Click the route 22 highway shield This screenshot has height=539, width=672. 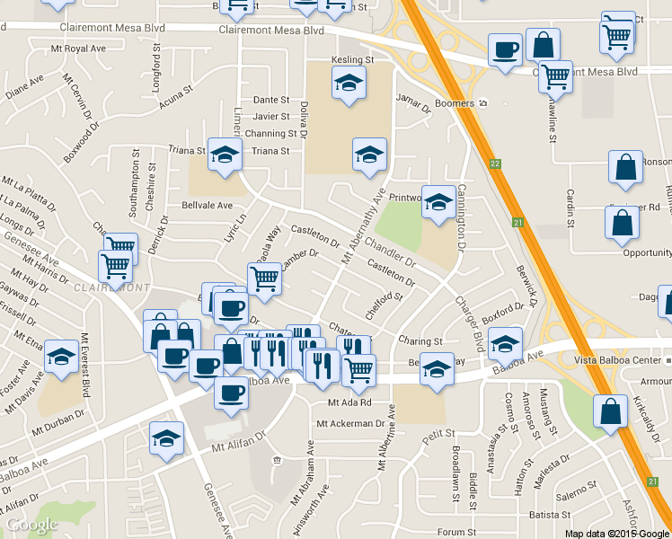[495, 163]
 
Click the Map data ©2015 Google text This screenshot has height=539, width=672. [615, 534]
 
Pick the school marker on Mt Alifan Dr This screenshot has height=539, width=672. [166, 438]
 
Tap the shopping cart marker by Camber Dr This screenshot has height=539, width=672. [264, 278]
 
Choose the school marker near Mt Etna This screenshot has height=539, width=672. [61, 357]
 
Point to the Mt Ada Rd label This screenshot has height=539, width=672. [349, 402]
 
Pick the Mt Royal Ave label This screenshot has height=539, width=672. [79, 49]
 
